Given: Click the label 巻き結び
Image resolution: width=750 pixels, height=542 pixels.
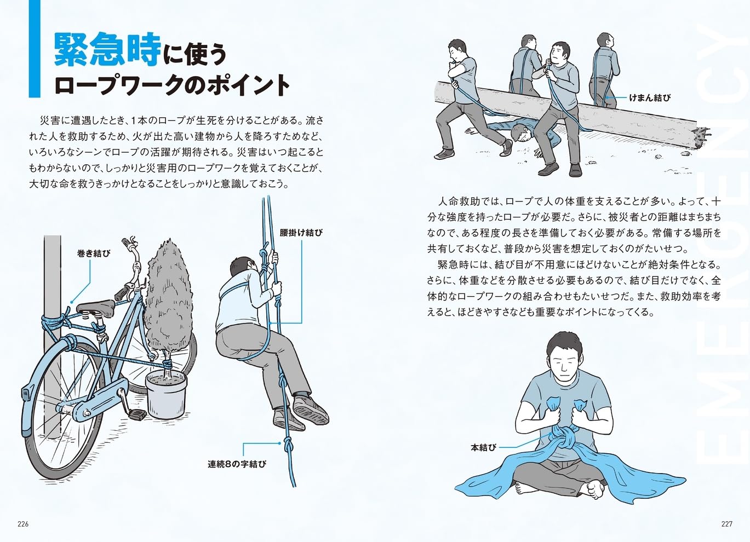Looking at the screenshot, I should pyautogui.click(x=93, y=253).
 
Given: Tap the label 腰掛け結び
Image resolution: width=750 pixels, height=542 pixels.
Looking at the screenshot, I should pyautogui.click(x=301, y=232).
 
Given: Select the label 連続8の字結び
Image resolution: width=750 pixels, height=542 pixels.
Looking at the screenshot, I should pyautogui.click(x=237, y=464).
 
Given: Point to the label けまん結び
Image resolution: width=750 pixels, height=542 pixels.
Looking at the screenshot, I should pyautogui.click(x=649, y=98).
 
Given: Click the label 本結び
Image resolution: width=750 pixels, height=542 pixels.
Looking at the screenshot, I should pyautogui.click(x=483, y=447).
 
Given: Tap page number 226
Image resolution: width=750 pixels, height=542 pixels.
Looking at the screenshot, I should pyautogui.click(x=23, y=524).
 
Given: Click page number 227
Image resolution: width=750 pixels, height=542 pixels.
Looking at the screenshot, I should pyautogui.click(x=726, y=524).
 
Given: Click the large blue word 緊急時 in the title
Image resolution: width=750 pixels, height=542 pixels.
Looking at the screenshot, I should pyautogui.click(x=107, y=50).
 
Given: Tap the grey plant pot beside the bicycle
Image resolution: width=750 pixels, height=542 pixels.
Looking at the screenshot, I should pyautogui.click(x=166, y=395).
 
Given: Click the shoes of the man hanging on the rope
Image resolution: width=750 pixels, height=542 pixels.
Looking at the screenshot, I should pyautogui.click(x=310, y=409).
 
